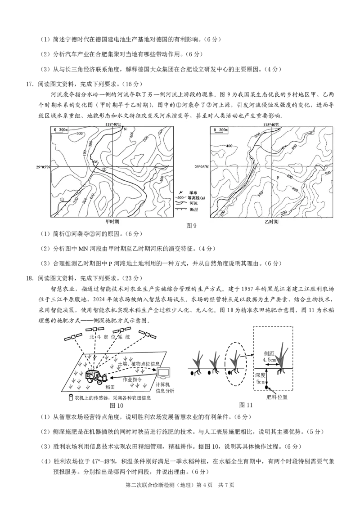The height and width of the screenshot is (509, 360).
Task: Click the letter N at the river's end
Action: [x=125, y=129]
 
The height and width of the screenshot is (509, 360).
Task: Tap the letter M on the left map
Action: [x=95, y=161]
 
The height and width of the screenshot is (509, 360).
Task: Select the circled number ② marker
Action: [x=104, y=170]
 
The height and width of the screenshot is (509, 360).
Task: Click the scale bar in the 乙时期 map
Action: [x=221, y=130]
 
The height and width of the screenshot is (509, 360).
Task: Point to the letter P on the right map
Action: [x=278, y=178]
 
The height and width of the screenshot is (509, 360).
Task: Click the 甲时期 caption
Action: [x=112, y=222]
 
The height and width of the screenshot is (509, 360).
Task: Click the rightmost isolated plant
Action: [x=282, y=357]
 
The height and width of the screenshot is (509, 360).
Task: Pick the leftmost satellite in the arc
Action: [x=74, y=337]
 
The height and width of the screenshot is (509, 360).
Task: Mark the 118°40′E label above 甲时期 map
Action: [x=113, y=125]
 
